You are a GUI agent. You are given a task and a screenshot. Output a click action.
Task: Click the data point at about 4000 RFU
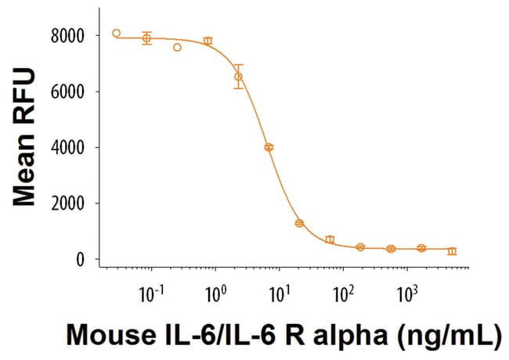269,147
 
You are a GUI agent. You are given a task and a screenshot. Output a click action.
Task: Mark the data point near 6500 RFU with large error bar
238,77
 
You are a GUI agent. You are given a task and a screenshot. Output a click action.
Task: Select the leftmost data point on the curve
116,33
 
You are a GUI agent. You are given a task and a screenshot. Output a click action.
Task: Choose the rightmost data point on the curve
452,251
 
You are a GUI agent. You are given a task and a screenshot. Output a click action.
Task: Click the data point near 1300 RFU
299,223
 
